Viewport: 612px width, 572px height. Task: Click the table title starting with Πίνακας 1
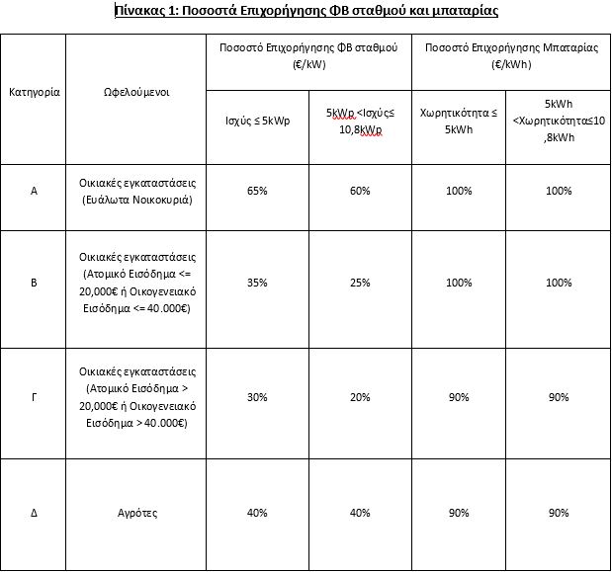click(306, 12)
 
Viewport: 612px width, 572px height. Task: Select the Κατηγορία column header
click(35, 92)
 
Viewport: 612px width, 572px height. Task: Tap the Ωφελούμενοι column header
click(137, 92)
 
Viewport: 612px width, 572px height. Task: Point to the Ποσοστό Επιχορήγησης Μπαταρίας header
click(506, 55)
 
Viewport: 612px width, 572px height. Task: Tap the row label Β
click(35, 283)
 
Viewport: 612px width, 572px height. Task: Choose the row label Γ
click(35, 397)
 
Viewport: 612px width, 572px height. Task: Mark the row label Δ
click(35, 513)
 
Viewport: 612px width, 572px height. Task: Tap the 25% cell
click(359, 283)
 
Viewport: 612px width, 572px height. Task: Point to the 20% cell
click(359, 397)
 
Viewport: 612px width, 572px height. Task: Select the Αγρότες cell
click(137, 513)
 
